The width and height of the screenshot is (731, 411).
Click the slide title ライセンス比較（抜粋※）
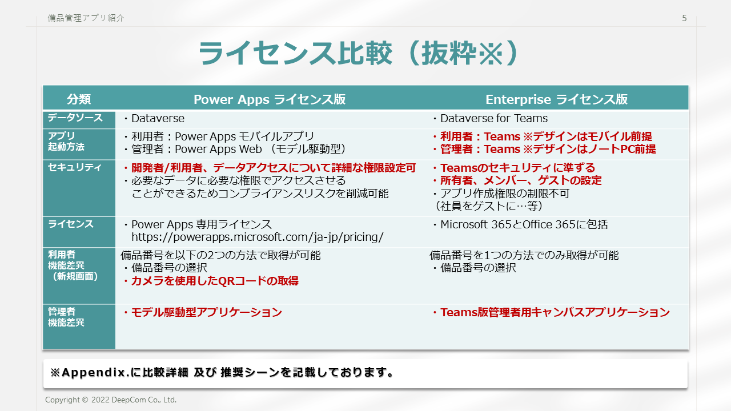click(358, 53)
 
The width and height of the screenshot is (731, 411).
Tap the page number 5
click(684, 18)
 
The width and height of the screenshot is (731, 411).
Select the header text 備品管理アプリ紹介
click(86, 18)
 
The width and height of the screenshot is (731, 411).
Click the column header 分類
click(79, 99)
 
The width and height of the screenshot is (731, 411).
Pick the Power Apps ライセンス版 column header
click(270, 99)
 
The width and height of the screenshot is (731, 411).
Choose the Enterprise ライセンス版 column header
click(556, 99)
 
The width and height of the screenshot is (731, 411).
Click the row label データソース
click(75, 118)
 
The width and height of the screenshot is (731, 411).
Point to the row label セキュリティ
click(75, 167)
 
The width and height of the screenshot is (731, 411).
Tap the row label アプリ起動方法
click(66, 141)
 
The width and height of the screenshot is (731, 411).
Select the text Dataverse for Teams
click(494, 118)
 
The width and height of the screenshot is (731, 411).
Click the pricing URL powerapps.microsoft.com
click(258, 237)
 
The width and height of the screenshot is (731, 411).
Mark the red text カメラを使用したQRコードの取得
click(215, 281)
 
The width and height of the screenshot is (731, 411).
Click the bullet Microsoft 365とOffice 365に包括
click(524, 224)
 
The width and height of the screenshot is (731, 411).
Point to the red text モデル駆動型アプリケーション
click(206, 312)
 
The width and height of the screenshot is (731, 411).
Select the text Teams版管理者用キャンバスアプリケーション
click(555, 312)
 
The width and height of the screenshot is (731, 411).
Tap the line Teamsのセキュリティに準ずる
click(517, 168)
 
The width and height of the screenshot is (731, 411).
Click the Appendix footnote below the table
click(222, 372)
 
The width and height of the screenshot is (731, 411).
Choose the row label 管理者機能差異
click(66, 317)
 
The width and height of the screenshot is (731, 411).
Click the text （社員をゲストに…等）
click(488, 206)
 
